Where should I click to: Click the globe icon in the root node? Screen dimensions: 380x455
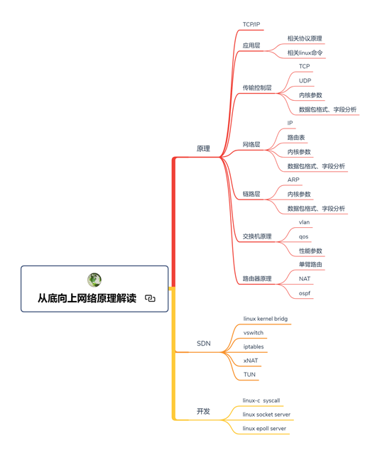pos(94,280)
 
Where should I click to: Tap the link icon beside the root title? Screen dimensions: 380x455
pos(150,298)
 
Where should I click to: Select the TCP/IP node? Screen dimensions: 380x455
pos(251,24)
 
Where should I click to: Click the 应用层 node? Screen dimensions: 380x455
pos(251,45)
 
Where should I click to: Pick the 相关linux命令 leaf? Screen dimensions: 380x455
pos(305,53)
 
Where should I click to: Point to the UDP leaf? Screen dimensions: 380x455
pos(305,81)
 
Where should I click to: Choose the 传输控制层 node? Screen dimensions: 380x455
pos(257,87)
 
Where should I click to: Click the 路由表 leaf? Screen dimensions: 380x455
pos(296,137)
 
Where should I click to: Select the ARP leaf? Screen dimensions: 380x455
pos(293,180)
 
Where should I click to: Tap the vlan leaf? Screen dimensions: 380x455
pos(304,222)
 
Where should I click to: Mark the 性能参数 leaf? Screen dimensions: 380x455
pos(310,251)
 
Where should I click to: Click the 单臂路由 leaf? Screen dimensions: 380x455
pos(310,264)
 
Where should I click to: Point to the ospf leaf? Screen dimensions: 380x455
pos(305,293)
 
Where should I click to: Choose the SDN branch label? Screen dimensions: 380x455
pos(204,344)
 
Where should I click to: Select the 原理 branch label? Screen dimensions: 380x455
pos(203,148)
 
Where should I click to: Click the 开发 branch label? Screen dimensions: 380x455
pos(203,411)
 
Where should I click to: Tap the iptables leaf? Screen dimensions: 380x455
pos(254,346)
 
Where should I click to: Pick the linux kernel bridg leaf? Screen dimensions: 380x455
pos(266,319)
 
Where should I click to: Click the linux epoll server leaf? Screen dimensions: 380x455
pos(264,428)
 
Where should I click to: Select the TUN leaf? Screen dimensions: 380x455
pos(249,375)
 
